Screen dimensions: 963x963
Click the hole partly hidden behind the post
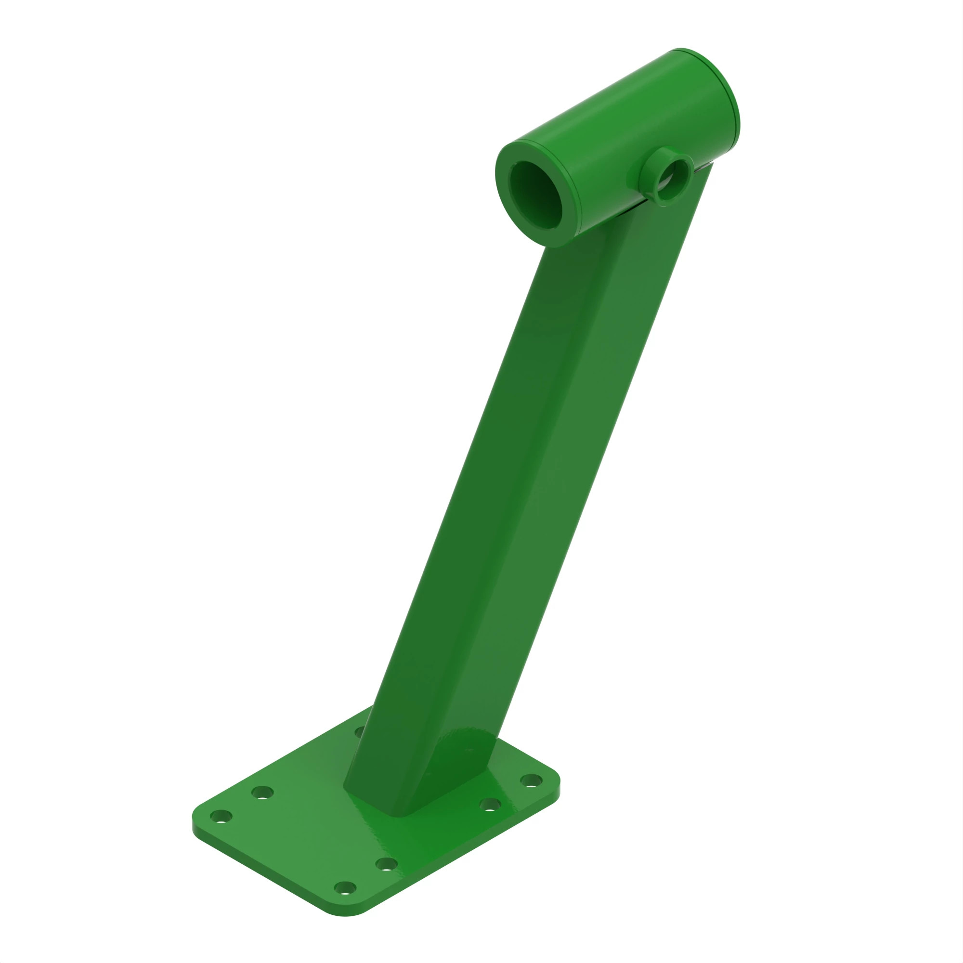[359, 732]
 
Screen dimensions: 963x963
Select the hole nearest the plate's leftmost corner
[221, 817]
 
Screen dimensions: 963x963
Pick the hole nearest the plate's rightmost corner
[531, 780]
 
